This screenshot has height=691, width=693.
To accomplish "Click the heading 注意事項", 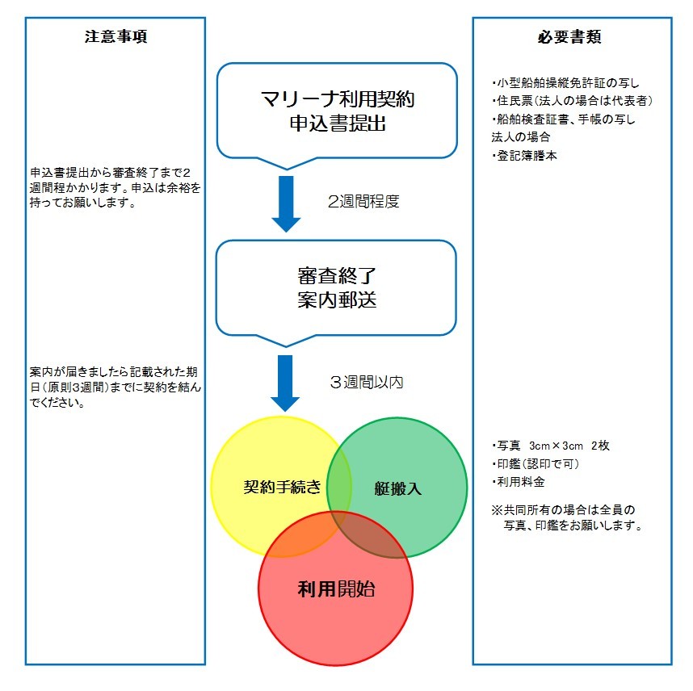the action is pos(115,36).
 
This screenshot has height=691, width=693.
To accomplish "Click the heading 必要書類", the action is pos(569,36).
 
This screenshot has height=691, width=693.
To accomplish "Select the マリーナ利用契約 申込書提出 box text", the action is pos(338,111).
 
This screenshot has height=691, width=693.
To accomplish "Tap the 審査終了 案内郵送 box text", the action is pos(337,288).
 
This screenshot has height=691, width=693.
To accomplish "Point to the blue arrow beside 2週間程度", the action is pos(286,203).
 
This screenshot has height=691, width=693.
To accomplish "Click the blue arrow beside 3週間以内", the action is pos(285,383).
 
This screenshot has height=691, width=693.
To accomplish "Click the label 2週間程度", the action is pos(363,202).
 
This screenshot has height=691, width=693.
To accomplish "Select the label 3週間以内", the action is pos(367,382).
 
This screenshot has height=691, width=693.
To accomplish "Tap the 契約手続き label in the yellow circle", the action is pos(282,487).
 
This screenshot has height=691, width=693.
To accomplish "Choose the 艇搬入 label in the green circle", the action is pos(397,488).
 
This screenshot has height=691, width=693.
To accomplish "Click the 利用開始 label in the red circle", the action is pos(336,589).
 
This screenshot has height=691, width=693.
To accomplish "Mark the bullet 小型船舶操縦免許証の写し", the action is pos(565,83).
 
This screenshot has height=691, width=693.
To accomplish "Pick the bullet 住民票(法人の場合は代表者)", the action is pos(572,101).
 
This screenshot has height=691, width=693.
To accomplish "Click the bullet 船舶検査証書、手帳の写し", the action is pos(563,119).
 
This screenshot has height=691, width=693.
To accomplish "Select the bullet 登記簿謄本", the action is pos(524,156).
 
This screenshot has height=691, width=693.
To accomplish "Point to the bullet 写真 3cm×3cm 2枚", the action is pos(551,446).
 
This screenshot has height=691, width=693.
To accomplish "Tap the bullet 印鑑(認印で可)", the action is pos(535,463).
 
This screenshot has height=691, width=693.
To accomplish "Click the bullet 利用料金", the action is pos(518,482).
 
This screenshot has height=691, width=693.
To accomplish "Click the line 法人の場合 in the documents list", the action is pos(521,137).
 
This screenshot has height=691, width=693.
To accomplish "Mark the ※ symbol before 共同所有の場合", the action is pos(498,510).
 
